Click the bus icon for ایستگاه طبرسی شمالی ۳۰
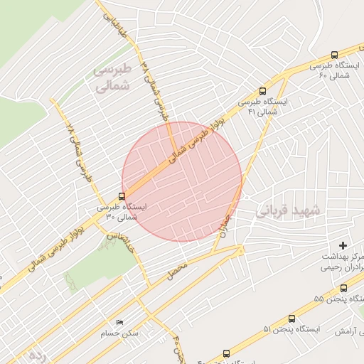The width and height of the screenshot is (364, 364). coord(122,196)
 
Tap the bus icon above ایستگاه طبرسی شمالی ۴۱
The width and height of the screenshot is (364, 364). coord(262,91)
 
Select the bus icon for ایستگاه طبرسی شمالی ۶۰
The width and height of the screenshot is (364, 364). coord(335,55)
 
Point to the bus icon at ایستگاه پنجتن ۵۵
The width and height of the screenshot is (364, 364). coord(344,288)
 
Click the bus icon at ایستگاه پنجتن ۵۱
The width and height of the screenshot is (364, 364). coord(291,319)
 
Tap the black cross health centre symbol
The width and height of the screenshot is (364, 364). coord(343,245)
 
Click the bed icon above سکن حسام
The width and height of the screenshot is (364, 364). coord(119,322)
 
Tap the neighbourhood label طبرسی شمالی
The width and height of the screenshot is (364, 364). coord(113,79)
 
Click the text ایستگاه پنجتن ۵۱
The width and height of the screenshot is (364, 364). coord(293,330)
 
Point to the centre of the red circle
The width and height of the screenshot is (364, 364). coord(182,181)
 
